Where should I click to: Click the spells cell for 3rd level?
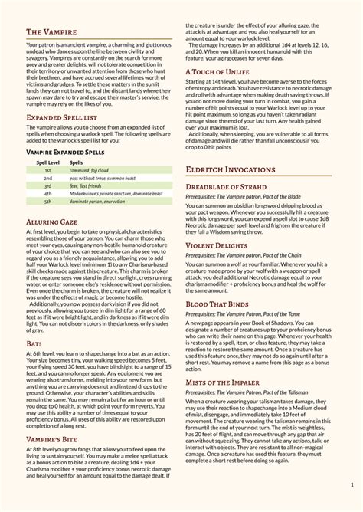coord(87,187)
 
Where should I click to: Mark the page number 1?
coord(352,484)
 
